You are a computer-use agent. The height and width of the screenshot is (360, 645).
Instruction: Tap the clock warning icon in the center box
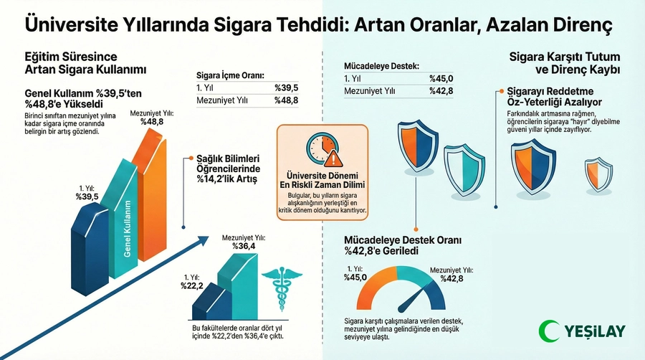pos(322,148)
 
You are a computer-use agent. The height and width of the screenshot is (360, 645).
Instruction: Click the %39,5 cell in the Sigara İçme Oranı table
pos(286,87)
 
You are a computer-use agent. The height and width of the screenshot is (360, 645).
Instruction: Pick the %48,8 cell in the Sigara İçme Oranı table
pos(286,101)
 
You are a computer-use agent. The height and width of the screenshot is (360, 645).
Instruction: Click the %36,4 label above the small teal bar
pos(244,246)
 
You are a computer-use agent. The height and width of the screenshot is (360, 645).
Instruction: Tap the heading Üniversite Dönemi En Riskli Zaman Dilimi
pos(322,180)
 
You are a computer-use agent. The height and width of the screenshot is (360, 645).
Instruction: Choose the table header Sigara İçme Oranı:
pos(230,74)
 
